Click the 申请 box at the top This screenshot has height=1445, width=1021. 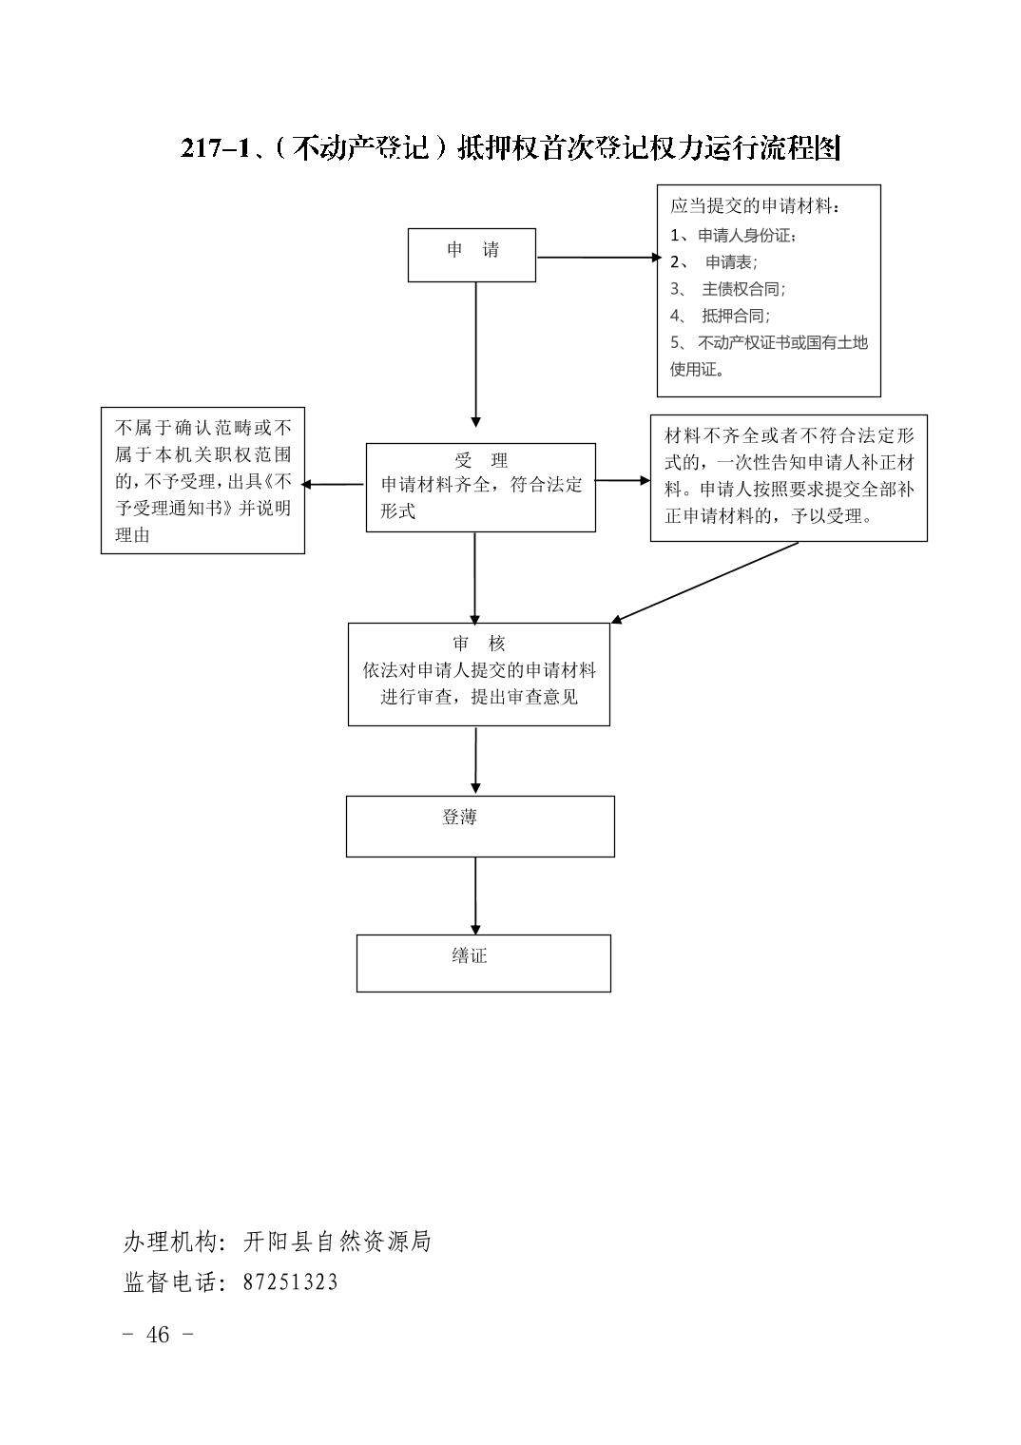(x=472, y=255)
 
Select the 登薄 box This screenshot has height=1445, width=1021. (x=480, y=826)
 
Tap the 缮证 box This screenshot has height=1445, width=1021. (x=483, y=963)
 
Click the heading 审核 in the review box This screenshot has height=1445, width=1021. (x=478, y=644)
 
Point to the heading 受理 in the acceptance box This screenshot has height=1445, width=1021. (x=480, y=460)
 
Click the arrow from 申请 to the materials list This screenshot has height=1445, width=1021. (x=599, y=258)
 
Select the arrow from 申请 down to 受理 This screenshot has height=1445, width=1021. (x=476, y=355)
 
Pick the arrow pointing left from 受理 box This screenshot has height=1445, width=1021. (x=333, y=485)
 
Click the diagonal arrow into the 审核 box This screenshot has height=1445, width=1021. (x=704, y=583)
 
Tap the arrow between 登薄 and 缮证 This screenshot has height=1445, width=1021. (x=475, y=896)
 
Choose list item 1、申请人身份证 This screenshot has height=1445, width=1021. (x=733, y=236)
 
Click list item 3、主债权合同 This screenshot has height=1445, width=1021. (x=727, y=289)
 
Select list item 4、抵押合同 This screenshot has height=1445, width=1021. (x=720, y=316)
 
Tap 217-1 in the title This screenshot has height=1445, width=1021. (x=215, y=148)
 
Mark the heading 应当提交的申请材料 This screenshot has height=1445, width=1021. (x=755, y=206)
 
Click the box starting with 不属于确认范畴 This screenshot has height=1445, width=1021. (x=202, y=481)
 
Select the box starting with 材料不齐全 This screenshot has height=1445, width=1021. (x=788, y=478)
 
